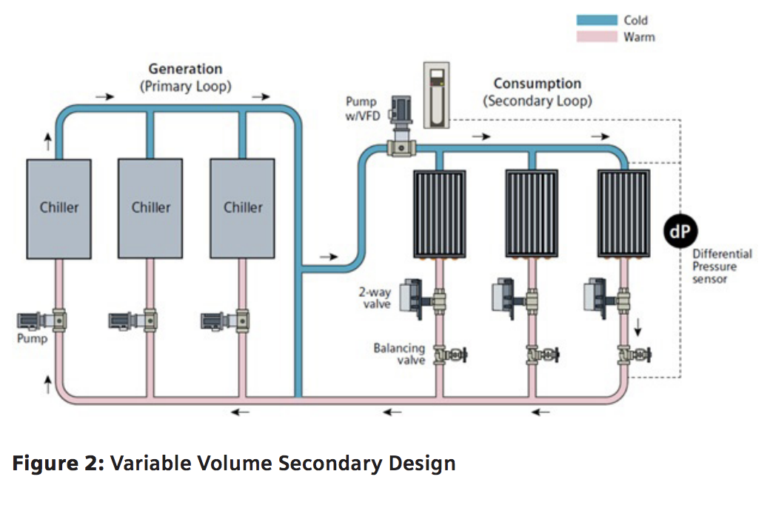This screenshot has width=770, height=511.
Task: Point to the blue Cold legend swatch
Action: click(597, 21)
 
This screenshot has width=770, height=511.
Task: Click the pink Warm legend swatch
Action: click(597, 36)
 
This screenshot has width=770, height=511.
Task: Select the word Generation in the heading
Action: click(185, 69)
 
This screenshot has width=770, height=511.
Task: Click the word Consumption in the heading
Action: click(538, 83)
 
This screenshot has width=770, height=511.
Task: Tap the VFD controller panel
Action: click(436, 93)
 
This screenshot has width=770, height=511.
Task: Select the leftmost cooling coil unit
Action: click(438, 213)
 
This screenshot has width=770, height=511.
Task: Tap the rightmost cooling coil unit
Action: click(623, 213)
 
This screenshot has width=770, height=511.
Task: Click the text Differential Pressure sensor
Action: click(722, 266)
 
